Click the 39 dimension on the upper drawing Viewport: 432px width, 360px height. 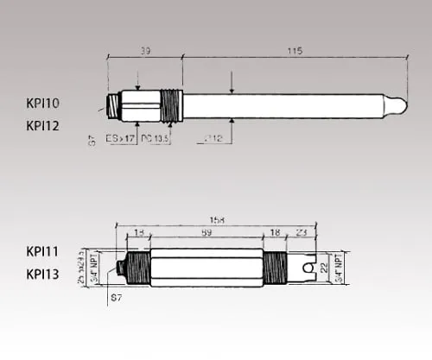144,51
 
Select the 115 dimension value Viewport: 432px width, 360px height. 294,51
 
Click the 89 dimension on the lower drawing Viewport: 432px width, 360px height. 206,233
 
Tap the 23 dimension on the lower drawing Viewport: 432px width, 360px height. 301,233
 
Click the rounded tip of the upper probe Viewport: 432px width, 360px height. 395,104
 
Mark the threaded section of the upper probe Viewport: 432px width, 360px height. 173,105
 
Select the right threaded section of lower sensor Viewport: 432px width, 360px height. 276,267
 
